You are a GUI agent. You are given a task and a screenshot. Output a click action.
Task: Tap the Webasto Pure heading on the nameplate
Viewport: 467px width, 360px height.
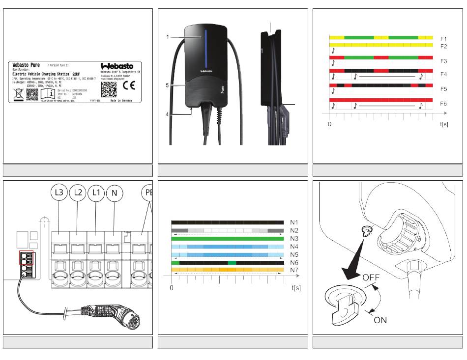(26, 65)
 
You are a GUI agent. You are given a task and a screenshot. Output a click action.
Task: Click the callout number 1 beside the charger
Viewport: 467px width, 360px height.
(167, 37)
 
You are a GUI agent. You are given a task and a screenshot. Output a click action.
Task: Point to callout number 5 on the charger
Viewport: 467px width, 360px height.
(167, 85)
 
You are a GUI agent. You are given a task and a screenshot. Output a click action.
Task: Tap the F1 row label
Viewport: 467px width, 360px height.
(443, 38)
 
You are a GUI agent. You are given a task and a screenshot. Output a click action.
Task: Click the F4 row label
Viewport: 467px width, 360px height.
(443, 74)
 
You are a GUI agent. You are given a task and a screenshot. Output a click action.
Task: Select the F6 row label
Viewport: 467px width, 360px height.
(443, 104)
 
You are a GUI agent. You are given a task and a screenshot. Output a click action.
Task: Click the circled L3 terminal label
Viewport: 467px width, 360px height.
(59, 194)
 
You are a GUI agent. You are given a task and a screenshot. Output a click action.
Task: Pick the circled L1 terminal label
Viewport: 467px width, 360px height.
(96, 194)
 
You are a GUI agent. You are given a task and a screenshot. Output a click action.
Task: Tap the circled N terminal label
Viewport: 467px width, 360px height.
(114, 194)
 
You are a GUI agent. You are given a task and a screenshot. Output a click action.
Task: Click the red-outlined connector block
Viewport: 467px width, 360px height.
(26, 257)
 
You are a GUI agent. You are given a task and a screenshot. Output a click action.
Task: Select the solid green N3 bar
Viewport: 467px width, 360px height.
(227, 238)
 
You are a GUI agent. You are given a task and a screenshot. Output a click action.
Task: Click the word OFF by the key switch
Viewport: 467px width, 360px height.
(372, 277)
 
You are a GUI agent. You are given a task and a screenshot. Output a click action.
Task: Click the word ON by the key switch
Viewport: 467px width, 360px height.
(380, 320)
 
